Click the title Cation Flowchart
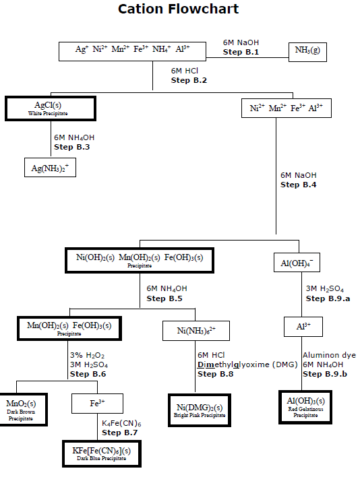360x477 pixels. click(x=178, y=9)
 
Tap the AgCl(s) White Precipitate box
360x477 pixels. click(x=51, y=108)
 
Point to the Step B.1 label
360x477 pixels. click(x=241, y=52)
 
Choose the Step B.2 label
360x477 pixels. click(x=189, y=80)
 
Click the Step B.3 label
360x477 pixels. click(x=72, y=147)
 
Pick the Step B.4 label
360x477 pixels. click(x=298, y=185)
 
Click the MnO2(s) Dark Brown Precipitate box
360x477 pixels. click(x=21, y=410)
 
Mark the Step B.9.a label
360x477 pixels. click(x=328, y=298)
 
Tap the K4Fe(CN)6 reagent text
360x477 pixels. click(x=121, y=422)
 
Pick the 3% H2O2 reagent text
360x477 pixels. click(x=87, y=355)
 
